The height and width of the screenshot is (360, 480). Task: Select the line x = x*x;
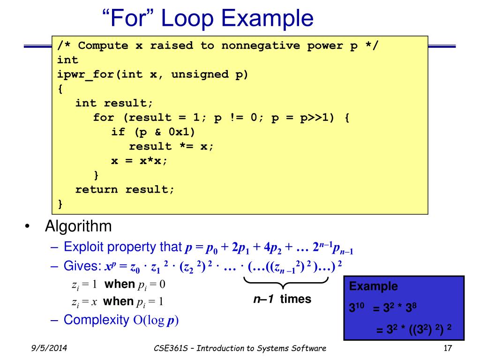139,160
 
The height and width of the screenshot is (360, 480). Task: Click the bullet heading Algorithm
78,227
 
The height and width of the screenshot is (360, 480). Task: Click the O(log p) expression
155,321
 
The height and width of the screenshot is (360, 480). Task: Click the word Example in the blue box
374,286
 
